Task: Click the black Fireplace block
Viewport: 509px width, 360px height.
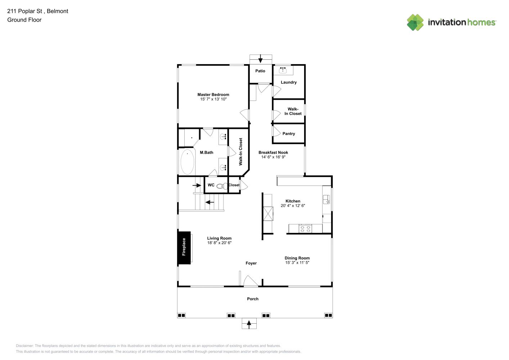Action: coord(184,248)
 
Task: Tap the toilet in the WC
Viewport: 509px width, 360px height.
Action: coord(222,186)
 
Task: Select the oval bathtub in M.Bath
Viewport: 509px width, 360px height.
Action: coord(188,162)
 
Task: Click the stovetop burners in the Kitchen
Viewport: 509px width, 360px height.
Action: coord(305,229)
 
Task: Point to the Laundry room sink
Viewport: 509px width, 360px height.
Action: coord(283,70)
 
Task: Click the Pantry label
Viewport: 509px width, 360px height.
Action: coord(289,134)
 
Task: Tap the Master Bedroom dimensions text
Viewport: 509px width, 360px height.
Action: coord(213,99)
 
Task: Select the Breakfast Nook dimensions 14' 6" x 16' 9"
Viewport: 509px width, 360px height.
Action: coord(273,157)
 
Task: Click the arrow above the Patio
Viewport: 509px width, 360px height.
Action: coord(260,59)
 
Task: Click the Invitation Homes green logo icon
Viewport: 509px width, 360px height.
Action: coord(415,22)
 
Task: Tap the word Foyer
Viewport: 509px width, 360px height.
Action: coord(251,263)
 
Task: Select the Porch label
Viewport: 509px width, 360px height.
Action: coord(253,299)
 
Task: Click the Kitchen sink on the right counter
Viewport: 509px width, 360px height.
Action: coord(326,199)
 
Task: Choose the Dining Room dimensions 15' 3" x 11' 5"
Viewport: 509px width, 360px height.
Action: coord(297,262)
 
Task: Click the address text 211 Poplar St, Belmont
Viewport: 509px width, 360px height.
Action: coord(38,11)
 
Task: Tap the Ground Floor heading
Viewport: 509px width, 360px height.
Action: coord(24,20)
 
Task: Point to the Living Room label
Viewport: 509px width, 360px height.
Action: coord(219,238)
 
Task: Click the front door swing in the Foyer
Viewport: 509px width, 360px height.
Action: coord(251,281)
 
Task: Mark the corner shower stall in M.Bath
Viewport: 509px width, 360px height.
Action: coord(188,138)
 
